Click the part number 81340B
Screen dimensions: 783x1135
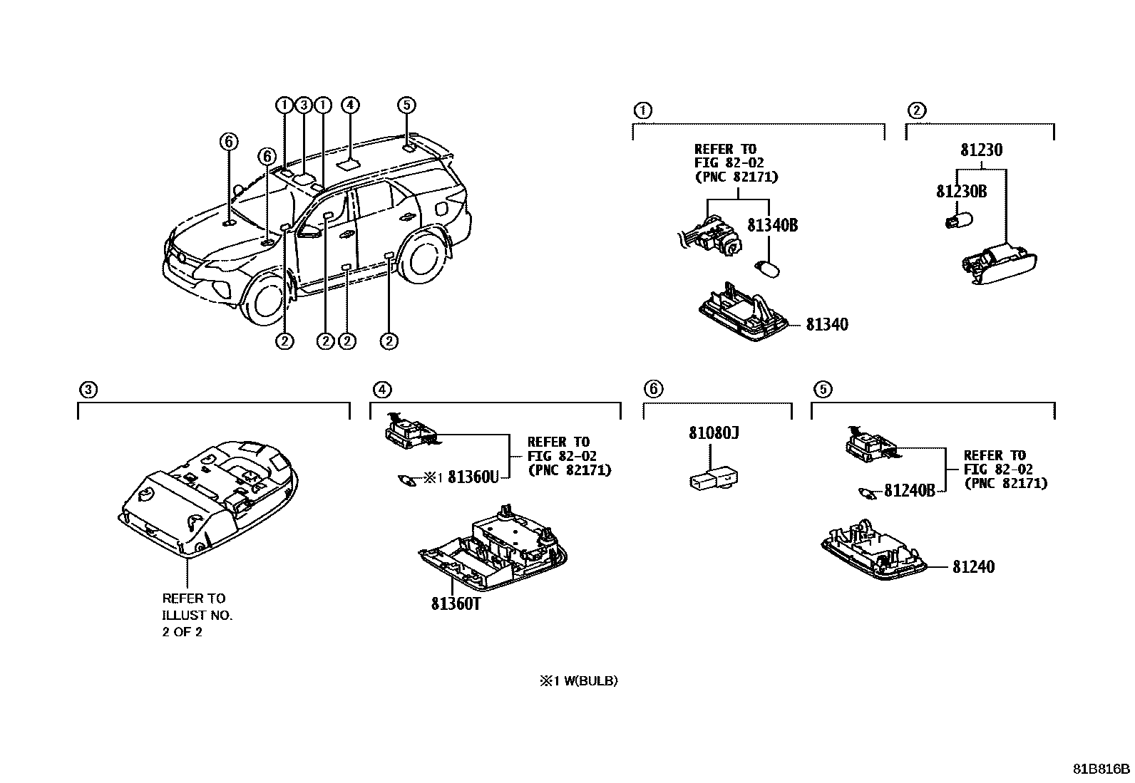tap(772, 226)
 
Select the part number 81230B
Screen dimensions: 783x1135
tap(961, 192)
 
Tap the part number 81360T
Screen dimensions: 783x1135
tap(456, 604)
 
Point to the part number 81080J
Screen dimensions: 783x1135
tap(714, 433)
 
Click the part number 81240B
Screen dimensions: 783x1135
tap(909, 491)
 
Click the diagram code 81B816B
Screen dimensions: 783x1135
tap(1102, 769)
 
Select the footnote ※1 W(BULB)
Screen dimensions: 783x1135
tap(578, 681)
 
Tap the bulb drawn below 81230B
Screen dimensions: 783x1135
tap(954, 222)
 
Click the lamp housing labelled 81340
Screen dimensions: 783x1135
tap(741, 313)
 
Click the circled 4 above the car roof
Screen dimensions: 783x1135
tap(349, 105)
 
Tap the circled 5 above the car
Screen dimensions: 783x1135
tap(406, 105)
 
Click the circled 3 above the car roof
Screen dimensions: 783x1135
tap(303, 105)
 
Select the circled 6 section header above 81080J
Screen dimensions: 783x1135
tap(653, 389)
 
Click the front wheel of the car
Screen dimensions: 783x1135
tap(267, 300)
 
